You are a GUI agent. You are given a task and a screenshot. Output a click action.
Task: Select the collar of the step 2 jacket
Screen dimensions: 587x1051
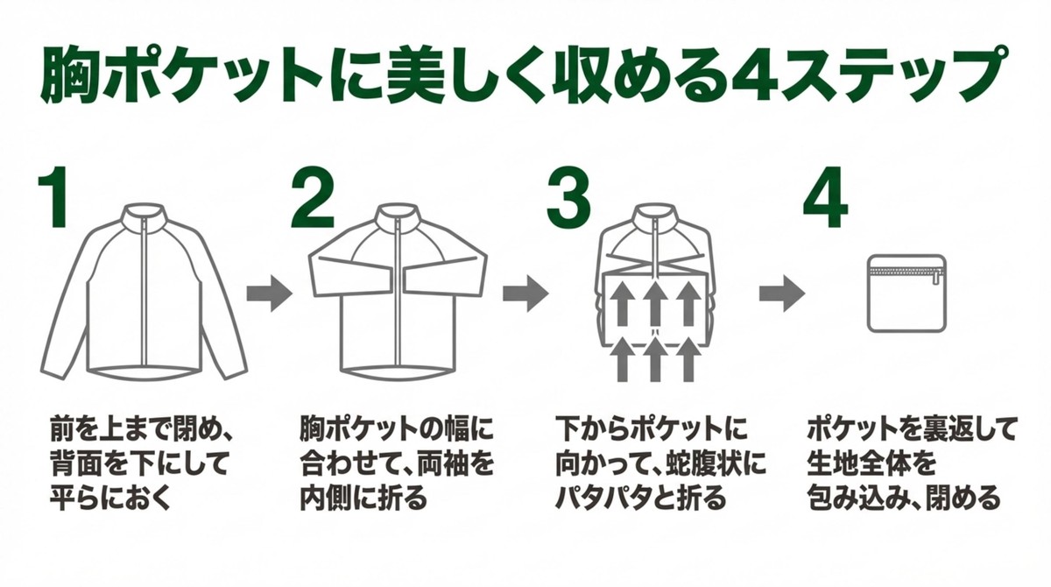[399, 216]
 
